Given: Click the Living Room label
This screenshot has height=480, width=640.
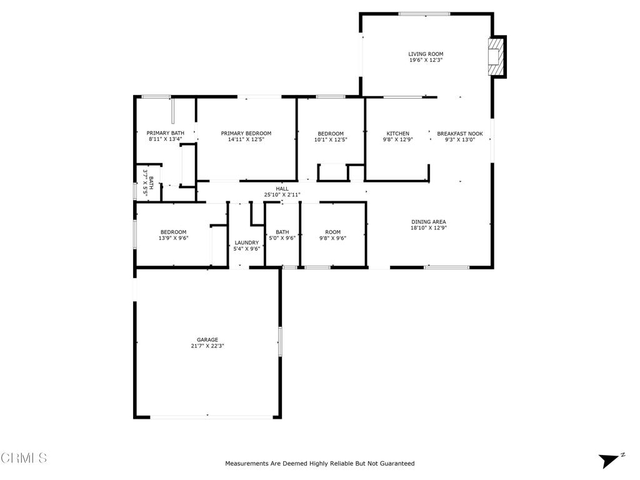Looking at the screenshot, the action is coord(426,54).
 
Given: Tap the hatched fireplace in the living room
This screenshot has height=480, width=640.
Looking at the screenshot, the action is coord(495,57).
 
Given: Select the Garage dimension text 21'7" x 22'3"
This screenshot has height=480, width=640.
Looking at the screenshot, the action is coord(207,346).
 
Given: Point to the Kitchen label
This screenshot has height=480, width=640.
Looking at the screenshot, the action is coord(398,134).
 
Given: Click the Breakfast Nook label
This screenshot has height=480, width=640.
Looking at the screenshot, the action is coord(460,134).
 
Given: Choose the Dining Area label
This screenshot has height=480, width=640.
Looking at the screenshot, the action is coord(429,222).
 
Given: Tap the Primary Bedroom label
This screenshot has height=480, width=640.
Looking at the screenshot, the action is coord(246,133).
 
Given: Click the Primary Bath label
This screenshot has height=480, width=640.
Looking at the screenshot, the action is coord(165,133).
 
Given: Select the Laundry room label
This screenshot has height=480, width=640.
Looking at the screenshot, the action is coord(246,242).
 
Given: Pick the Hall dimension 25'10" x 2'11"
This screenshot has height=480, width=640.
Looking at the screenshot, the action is coord(282,195).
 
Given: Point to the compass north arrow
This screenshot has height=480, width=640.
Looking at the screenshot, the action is coord(609,461).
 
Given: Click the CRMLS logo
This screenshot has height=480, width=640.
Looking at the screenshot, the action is coord(24,457).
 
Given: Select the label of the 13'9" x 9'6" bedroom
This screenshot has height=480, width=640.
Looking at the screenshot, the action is coord(174,232).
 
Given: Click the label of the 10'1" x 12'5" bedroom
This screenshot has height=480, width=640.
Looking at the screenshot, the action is coord(331,134).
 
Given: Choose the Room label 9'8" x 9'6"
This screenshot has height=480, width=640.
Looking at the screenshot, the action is coord(332,232).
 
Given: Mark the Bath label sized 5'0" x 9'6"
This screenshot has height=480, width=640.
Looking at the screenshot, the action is coord(282,232).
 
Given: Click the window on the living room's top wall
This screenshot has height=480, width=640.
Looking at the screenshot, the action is coord(424,14).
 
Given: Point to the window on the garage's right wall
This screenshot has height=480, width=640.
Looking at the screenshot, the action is coord(281,341).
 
